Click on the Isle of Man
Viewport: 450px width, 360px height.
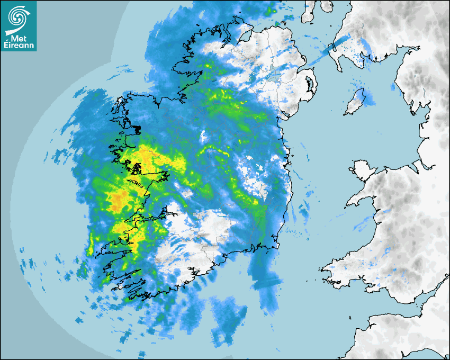pyautogui.click(x=355, y=102)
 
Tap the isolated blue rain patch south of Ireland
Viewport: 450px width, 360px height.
pyautogui.click(x=228, y=318)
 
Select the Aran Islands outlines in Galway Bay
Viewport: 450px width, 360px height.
pyautogui.click(x=139, y=185)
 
